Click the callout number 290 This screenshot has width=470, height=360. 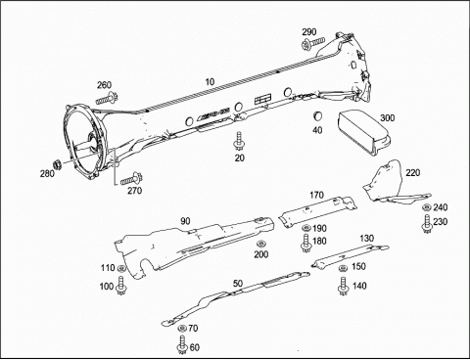308,32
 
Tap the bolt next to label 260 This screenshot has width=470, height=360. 107,98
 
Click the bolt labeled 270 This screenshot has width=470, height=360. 131,178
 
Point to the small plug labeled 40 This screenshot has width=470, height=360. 317,115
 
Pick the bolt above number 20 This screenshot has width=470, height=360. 239,141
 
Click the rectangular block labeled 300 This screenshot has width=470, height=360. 364,133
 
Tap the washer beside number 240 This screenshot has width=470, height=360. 426,207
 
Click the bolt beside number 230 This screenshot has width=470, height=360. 427,224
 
